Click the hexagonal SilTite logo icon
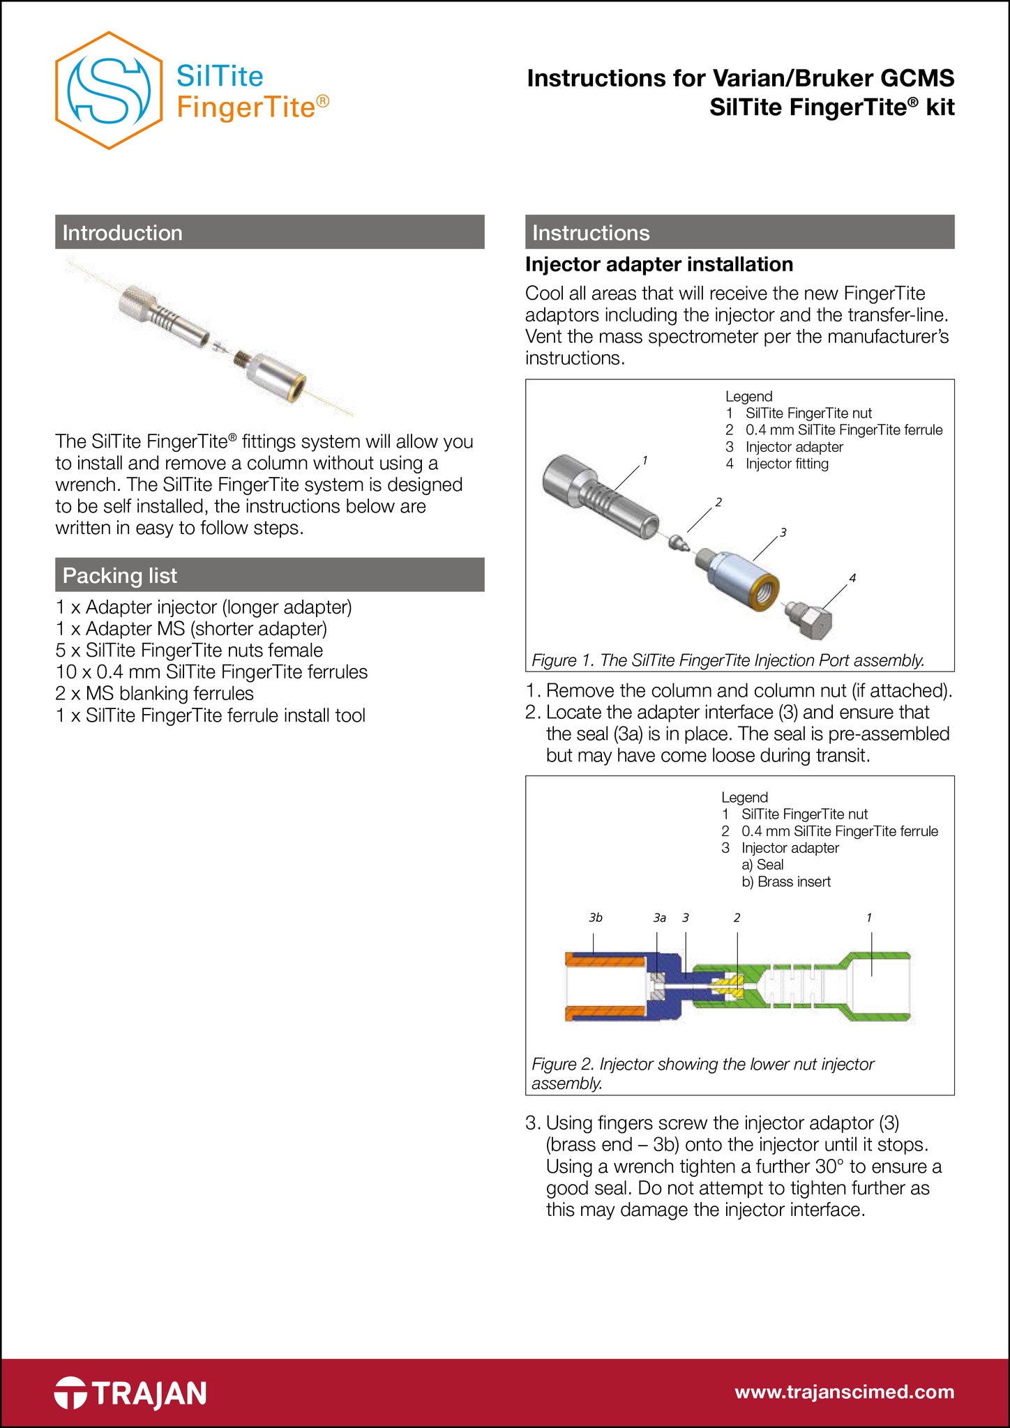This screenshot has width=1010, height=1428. coord(109,90)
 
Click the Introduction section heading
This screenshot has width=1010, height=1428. coord(123,232)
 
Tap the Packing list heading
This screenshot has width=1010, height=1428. coord(120,575)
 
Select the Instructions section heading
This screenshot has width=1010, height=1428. coord(591,232)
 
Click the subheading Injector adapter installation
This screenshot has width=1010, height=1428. coord(658,264)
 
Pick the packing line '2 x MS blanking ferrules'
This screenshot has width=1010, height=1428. coord(155,693)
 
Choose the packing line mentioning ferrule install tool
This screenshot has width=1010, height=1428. coord(211,715)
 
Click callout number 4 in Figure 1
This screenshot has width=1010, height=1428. coord(852,578)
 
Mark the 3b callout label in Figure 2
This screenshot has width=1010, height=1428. coord(595,918)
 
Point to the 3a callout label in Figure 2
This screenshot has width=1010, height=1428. coord(659,918)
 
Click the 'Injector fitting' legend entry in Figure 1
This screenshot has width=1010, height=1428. coord(786,464)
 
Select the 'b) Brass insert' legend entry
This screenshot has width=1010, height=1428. coord(786,881)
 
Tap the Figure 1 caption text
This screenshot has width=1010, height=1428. coord(728,660)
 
